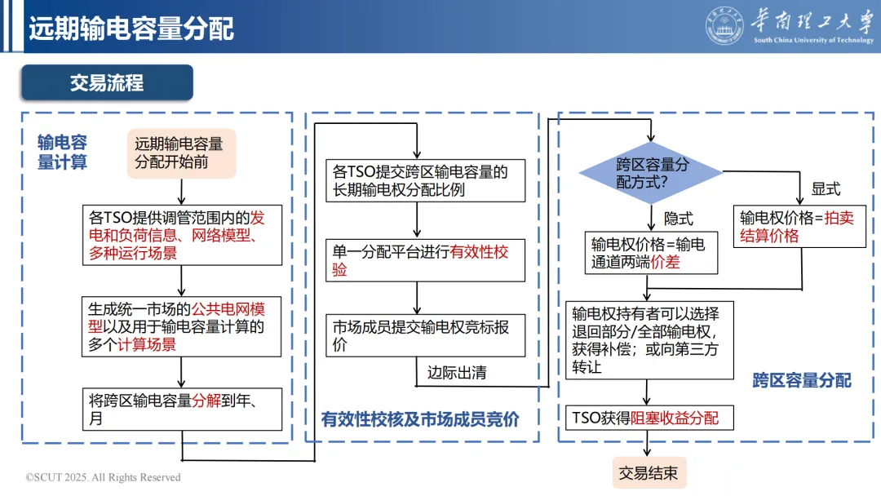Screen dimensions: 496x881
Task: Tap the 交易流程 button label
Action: point(107,82)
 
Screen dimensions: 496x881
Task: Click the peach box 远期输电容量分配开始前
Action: point(181,153)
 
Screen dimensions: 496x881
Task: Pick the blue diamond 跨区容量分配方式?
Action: point(651,172)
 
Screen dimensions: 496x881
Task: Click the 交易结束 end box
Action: point(649,473)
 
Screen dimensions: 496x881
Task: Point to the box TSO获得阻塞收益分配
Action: point(649,418)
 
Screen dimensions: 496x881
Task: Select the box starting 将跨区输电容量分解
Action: point(184,409)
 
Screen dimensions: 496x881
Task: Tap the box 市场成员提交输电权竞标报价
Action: point(425,335)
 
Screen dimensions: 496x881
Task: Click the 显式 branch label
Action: point(825,189)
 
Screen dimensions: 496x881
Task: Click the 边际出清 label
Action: point(457,373)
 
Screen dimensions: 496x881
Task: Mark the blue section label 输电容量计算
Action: point(62,152)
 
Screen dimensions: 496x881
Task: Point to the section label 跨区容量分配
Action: point(801,380)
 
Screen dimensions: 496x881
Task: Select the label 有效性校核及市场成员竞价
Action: point(420,419)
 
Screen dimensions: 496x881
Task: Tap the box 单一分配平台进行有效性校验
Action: point(425,260)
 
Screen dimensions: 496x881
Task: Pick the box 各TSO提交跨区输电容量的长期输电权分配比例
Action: point(425,180)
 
